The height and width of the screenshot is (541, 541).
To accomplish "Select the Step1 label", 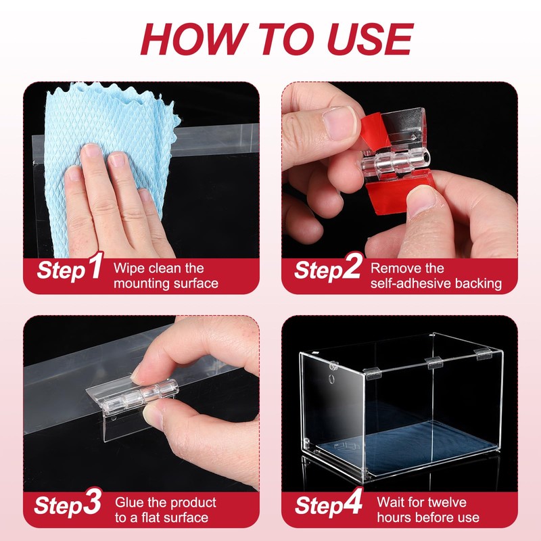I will [70, 269].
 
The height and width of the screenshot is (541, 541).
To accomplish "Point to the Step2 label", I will [328, 269].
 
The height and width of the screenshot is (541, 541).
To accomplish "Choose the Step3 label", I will [70, 504].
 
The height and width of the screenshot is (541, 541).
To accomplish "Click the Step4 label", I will [328, 504].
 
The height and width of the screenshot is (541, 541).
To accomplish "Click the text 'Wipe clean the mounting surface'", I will [165, 276].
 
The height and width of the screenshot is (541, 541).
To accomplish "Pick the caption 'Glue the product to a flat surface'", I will [165, 510].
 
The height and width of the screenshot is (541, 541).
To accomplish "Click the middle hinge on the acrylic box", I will [433, 363].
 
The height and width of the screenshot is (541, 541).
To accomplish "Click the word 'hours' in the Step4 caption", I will [396, 518].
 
